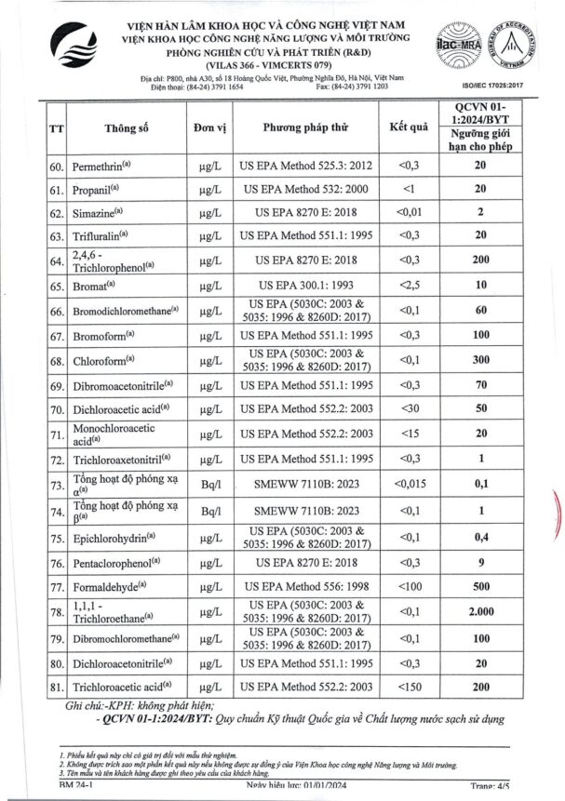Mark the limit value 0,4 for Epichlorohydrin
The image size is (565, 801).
coord(480,537)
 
